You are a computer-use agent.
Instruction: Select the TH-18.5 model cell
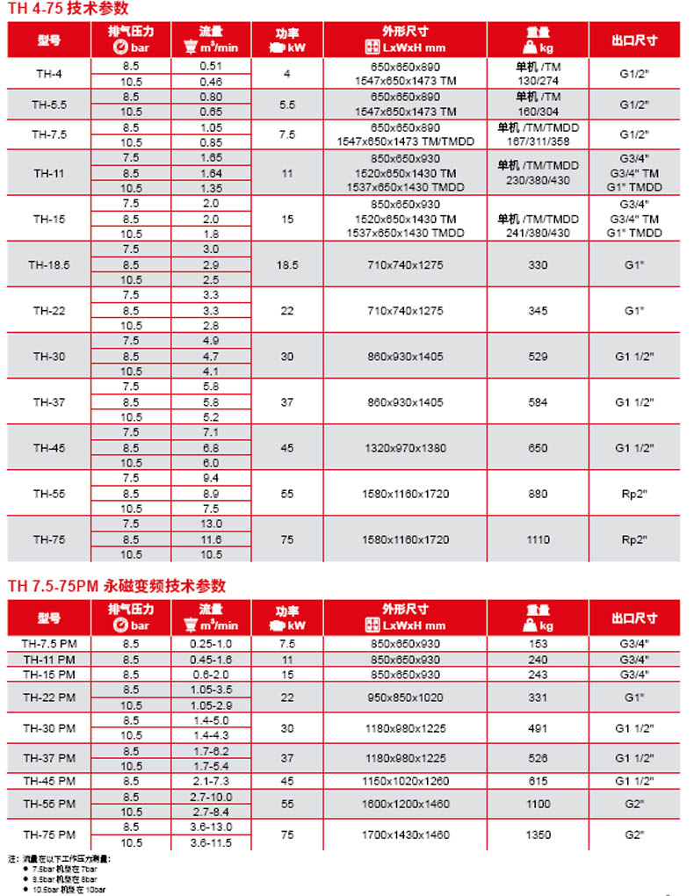(49, 264)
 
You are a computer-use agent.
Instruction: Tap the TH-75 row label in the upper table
(49, 539)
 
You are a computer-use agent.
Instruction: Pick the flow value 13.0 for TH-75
(211, 524)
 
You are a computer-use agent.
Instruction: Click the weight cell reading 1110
(539, 539)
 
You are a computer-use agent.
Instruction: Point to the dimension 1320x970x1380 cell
(405, 448)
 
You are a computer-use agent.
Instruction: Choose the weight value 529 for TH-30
(539, 357)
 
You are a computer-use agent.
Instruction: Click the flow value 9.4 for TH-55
(211, 478)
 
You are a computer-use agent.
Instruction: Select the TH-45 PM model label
(49, 781)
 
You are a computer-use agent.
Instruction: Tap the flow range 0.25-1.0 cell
(211, 644)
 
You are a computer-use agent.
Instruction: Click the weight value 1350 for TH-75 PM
(539, 835)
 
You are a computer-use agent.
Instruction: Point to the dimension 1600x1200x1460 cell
(405, 804)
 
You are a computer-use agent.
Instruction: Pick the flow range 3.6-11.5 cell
(211, 842)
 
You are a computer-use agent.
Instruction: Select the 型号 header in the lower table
(49, 618)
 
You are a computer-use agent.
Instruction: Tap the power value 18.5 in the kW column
(287, 264)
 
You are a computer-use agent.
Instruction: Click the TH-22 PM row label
(49, 697)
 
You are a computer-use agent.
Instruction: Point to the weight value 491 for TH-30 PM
(539, 728)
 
